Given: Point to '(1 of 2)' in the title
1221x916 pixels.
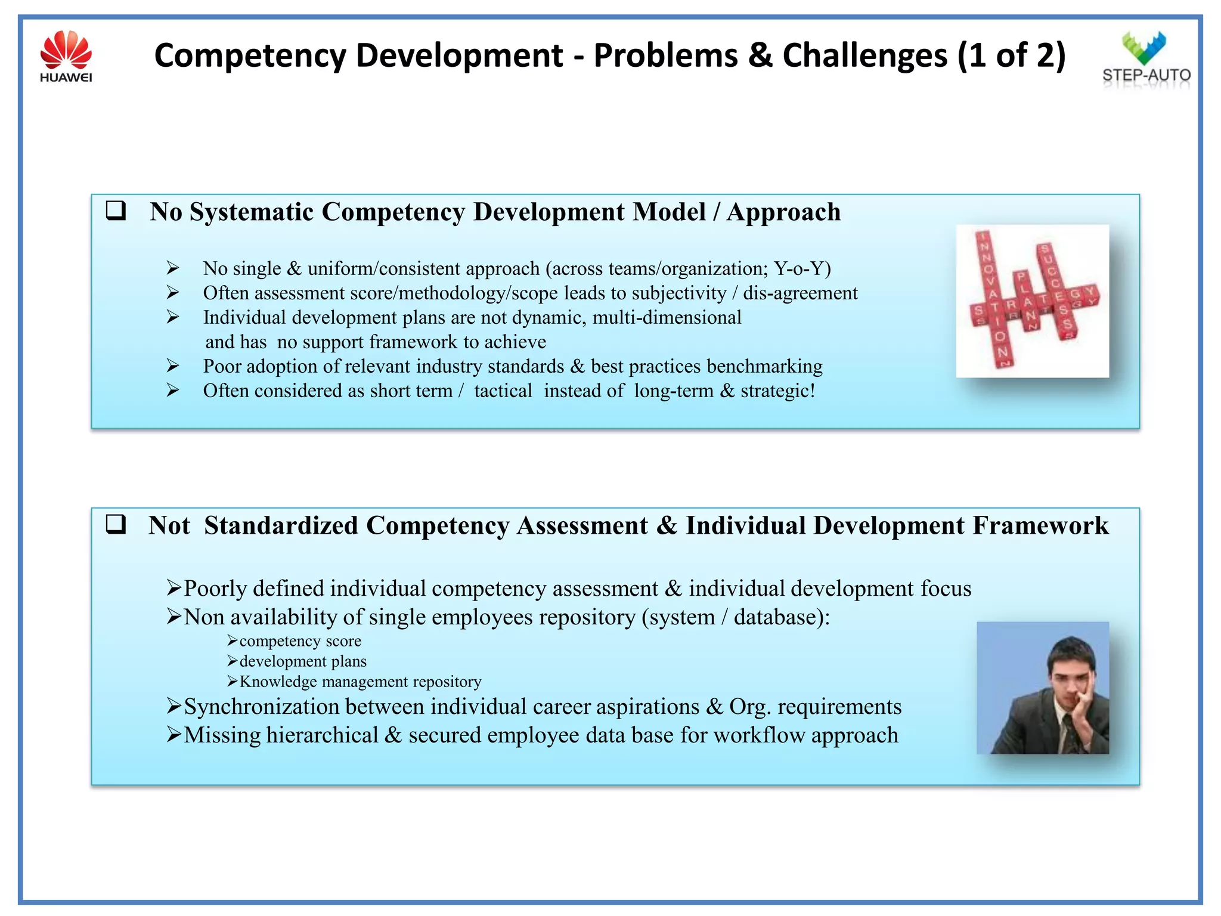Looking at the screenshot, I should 1011,55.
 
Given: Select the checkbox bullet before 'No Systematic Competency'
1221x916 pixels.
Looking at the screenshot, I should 116,211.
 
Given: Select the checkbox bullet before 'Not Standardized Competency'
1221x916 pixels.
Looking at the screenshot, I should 116,524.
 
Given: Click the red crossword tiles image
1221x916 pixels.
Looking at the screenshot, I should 1032,301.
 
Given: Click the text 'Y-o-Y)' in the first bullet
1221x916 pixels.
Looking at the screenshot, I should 802,269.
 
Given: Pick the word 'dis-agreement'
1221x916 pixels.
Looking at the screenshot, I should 800,293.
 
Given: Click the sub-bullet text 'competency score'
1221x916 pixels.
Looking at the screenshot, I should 300,641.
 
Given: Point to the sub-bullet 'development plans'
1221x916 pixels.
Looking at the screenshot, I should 303,661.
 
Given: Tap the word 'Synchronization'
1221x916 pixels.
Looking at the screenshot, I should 261,707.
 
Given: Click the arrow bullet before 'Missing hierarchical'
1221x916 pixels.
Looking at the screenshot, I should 173,735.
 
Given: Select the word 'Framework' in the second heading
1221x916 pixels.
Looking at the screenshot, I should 1040,525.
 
